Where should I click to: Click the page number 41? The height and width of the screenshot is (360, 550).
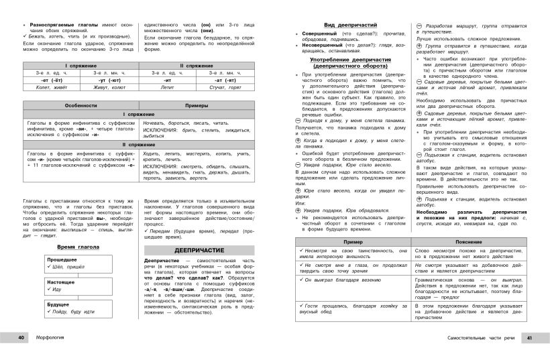[529, 337]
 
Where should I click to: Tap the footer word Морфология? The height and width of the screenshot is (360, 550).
[51, 337]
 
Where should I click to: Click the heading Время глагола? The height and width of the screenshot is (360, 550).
[70, 246]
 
